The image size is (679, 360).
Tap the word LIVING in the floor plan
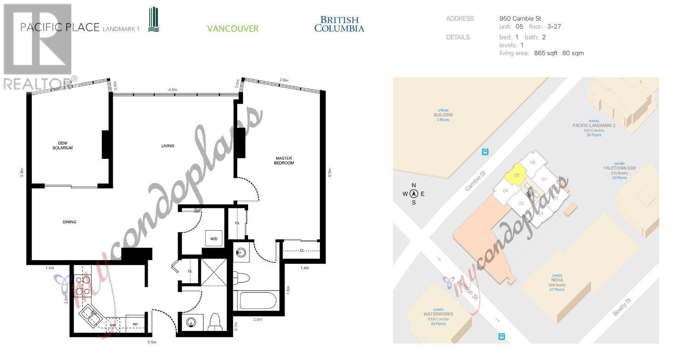[x=168, y=146]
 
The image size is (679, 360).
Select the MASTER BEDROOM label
[x=284, y=160]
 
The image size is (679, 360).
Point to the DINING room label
[x=70, y=222]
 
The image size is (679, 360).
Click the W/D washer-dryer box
[x=214, y=238]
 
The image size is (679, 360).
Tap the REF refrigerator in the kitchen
[x=135, y=325]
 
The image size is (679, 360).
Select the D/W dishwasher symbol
[x=113, y=325]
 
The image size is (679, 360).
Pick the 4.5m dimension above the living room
[x=173, y=90]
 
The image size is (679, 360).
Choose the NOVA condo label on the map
[x=557, y=280]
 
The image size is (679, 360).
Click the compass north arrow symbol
[x=413, y=194]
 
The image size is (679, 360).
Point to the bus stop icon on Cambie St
[x=485, y=152]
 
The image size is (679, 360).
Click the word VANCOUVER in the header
[x=232, y=29]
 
